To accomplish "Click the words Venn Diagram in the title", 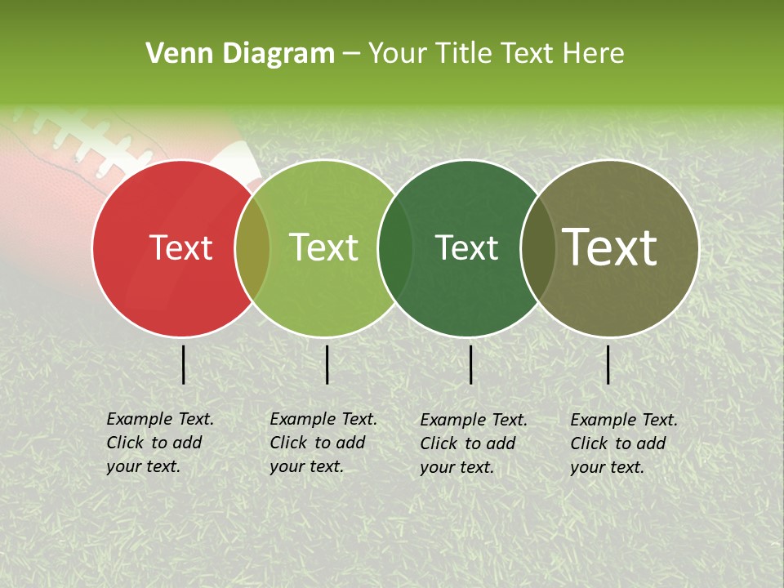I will [x=240, y=54].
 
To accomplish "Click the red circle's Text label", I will [x=181, y=248].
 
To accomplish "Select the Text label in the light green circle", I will [x=324, y=247].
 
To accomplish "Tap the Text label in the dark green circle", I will [x=466, y=248].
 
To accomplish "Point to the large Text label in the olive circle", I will [x=610, y=247].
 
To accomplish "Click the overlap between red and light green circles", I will [x=252, y=248].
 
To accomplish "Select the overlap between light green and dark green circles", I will [x=395, y=248].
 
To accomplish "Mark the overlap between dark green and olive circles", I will [x=537, y=248].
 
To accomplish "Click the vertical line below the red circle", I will [x=183, y=364].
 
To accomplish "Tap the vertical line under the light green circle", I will [x=327, y=364].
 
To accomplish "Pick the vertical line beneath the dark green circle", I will [x=470, y=364].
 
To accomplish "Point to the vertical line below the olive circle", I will [x=608, y=364].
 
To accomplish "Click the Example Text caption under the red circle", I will [x=160, y=443].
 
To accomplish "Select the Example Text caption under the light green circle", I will [x=323, y=443].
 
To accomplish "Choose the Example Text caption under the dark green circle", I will [x=474, y=443].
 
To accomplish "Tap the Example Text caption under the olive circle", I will [x=624, y=443].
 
